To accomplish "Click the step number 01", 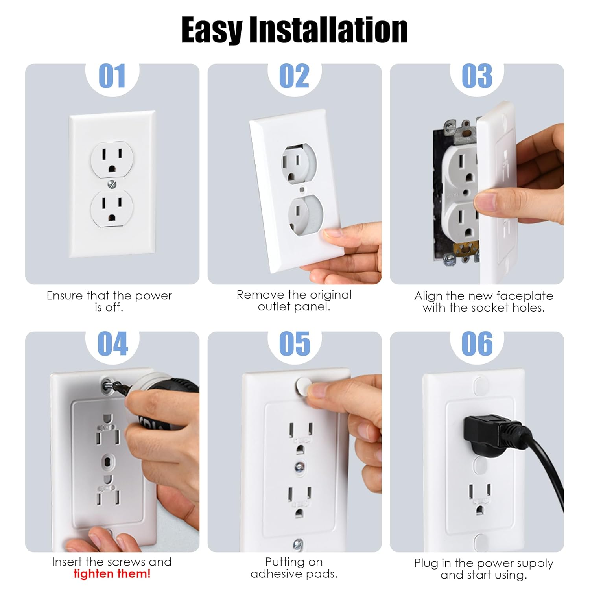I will (x=112, y=76).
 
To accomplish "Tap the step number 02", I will (x=294, y=76).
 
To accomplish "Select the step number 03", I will (x=477, y=76).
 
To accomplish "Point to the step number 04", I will (x=112, y=343).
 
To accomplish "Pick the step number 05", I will (x=295, y=343).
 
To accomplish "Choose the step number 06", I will (x=477, y=343).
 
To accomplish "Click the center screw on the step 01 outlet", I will (x=112, y=184).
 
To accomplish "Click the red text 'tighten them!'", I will (x=112, y=574).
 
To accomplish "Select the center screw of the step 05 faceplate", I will (x=299, y=467).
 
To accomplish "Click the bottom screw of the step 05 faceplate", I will (x=298, y=544).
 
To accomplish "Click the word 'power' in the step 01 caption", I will (x=153, y=296).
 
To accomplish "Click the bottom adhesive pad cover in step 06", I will (x=481, y=542).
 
